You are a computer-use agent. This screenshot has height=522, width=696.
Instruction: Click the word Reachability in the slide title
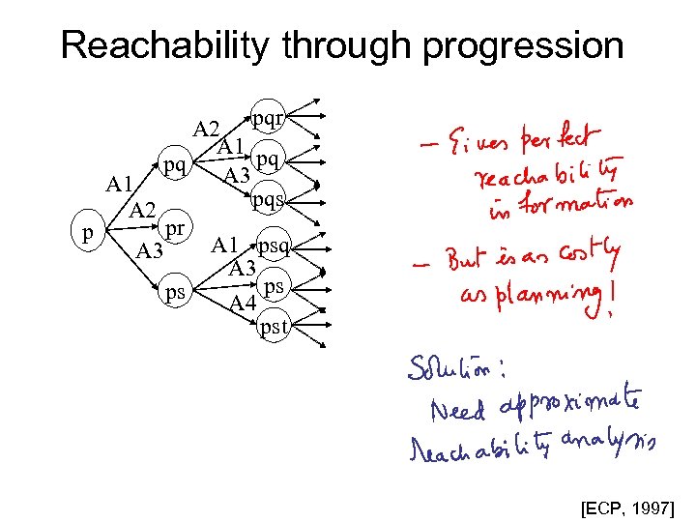154,45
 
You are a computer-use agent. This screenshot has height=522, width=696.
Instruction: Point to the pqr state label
268,118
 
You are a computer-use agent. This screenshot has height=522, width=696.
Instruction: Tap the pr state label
175,229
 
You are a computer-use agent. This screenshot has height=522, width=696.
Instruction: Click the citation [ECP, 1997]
629,506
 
